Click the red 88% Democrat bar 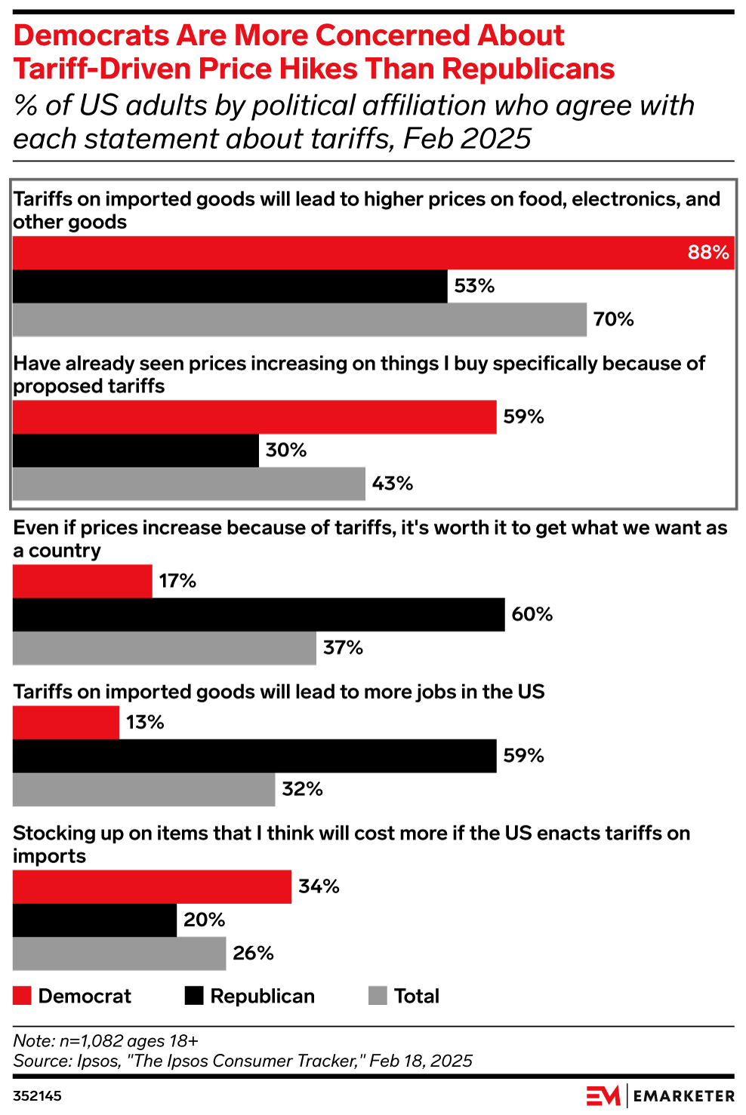point(373,253)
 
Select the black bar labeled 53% point(230,286)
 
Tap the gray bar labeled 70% point(299,319)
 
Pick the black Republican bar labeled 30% point(136,450)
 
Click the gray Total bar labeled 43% point(189,484)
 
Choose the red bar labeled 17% point(82,581)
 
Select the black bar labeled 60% point(258,614)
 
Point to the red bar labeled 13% point(66,722)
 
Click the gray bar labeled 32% point(143,789)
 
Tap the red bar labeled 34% point(152,886)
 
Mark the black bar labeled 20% point(94,920)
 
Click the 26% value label point(253,954)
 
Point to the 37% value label point(343,648)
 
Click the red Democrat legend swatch point(23,996)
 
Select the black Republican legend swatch point(194,996)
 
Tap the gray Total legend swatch point(378,996)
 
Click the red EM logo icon point(603,1095)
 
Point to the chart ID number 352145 point(37,1096)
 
